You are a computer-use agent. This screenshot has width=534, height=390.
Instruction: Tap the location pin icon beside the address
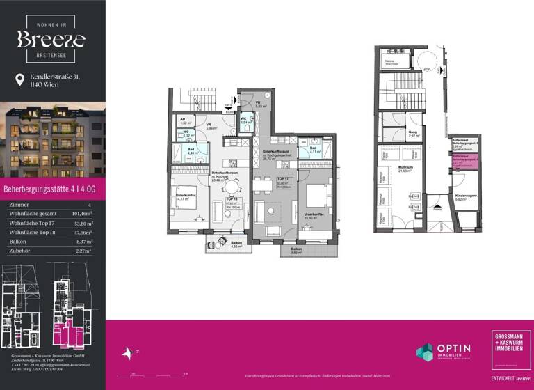(x=19, y=81)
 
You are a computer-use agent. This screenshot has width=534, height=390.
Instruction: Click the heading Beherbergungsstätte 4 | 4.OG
(x=49, y=188)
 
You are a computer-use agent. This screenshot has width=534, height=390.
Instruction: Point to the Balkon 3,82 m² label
(x=296, y=251)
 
